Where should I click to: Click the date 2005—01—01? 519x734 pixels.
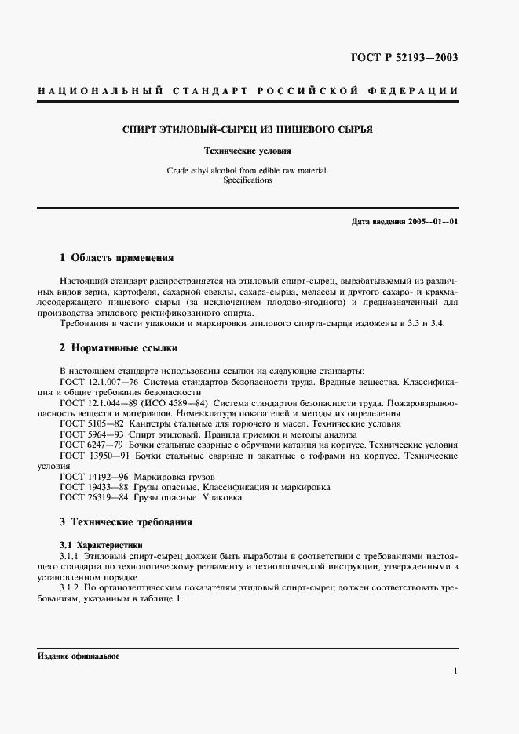430,221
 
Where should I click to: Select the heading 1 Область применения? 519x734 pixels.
117,257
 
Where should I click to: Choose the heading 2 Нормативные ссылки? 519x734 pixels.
119,347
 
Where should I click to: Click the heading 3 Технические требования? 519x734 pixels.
126,521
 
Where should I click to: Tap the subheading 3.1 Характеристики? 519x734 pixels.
102,544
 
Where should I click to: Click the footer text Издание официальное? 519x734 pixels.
78,656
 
